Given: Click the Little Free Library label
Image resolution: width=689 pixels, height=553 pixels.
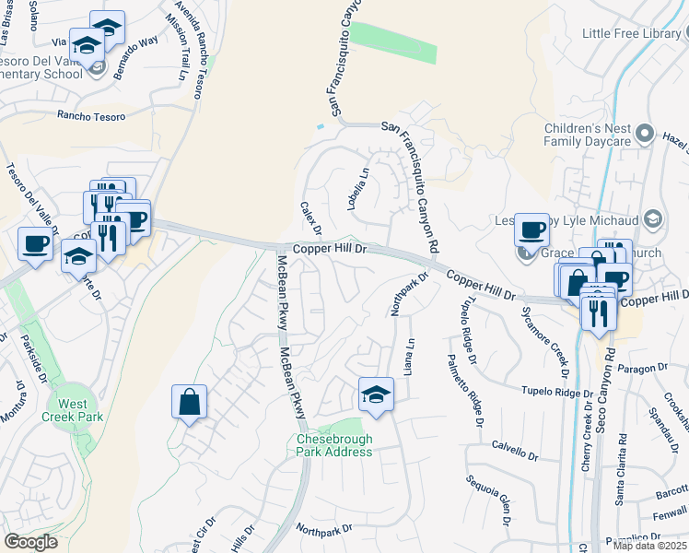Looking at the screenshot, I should click(635, 33).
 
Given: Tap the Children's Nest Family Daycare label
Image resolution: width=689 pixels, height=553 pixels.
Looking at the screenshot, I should click(586, 134).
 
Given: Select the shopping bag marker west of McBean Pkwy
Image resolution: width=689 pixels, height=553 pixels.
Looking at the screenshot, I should click(189, 402).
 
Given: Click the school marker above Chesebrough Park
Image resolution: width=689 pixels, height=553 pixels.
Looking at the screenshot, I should click(375, 394).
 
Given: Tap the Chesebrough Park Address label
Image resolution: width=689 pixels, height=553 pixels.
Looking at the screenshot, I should click(334, 446).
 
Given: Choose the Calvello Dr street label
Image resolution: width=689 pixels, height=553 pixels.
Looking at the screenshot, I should click(514, 453).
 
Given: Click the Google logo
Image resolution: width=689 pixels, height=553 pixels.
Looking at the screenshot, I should click(30, 542).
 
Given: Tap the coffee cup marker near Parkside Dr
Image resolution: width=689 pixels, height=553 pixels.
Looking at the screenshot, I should click(35, 244).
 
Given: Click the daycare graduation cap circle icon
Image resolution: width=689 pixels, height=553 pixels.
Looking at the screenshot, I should click(652, 218).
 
